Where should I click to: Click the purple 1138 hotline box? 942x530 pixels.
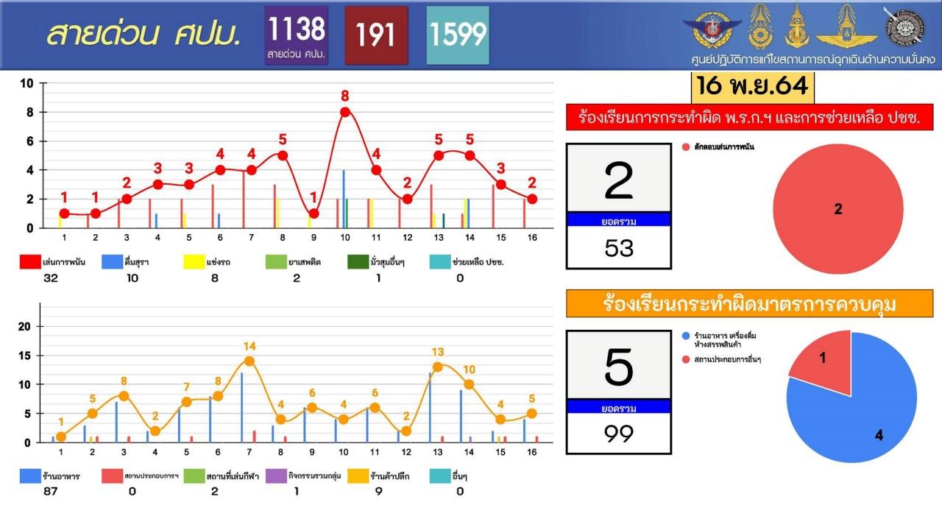297,35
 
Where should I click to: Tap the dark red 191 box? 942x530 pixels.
376,35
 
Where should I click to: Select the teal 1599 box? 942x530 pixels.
457,35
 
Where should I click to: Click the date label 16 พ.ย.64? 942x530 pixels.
753,86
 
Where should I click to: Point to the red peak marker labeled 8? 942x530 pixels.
344,112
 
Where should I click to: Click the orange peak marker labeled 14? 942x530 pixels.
249,361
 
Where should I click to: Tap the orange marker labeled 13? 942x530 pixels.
438,367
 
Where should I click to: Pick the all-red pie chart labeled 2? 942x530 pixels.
838,209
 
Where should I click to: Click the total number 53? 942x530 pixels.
618,248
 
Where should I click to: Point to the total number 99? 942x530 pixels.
618,434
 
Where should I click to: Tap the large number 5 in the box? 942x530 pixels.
618,366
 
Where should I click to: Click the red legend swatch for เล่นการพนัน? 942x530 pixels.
30,261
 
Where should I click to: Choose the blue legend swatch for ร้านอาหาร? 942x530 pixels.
30,476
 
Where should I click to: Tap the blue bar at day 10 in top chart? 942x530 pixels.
344,199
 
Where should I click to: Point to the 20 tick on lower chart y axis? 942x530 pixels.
24,326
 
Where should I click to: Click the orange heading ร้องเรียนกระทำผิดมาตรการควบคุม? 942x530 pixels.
749,304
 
